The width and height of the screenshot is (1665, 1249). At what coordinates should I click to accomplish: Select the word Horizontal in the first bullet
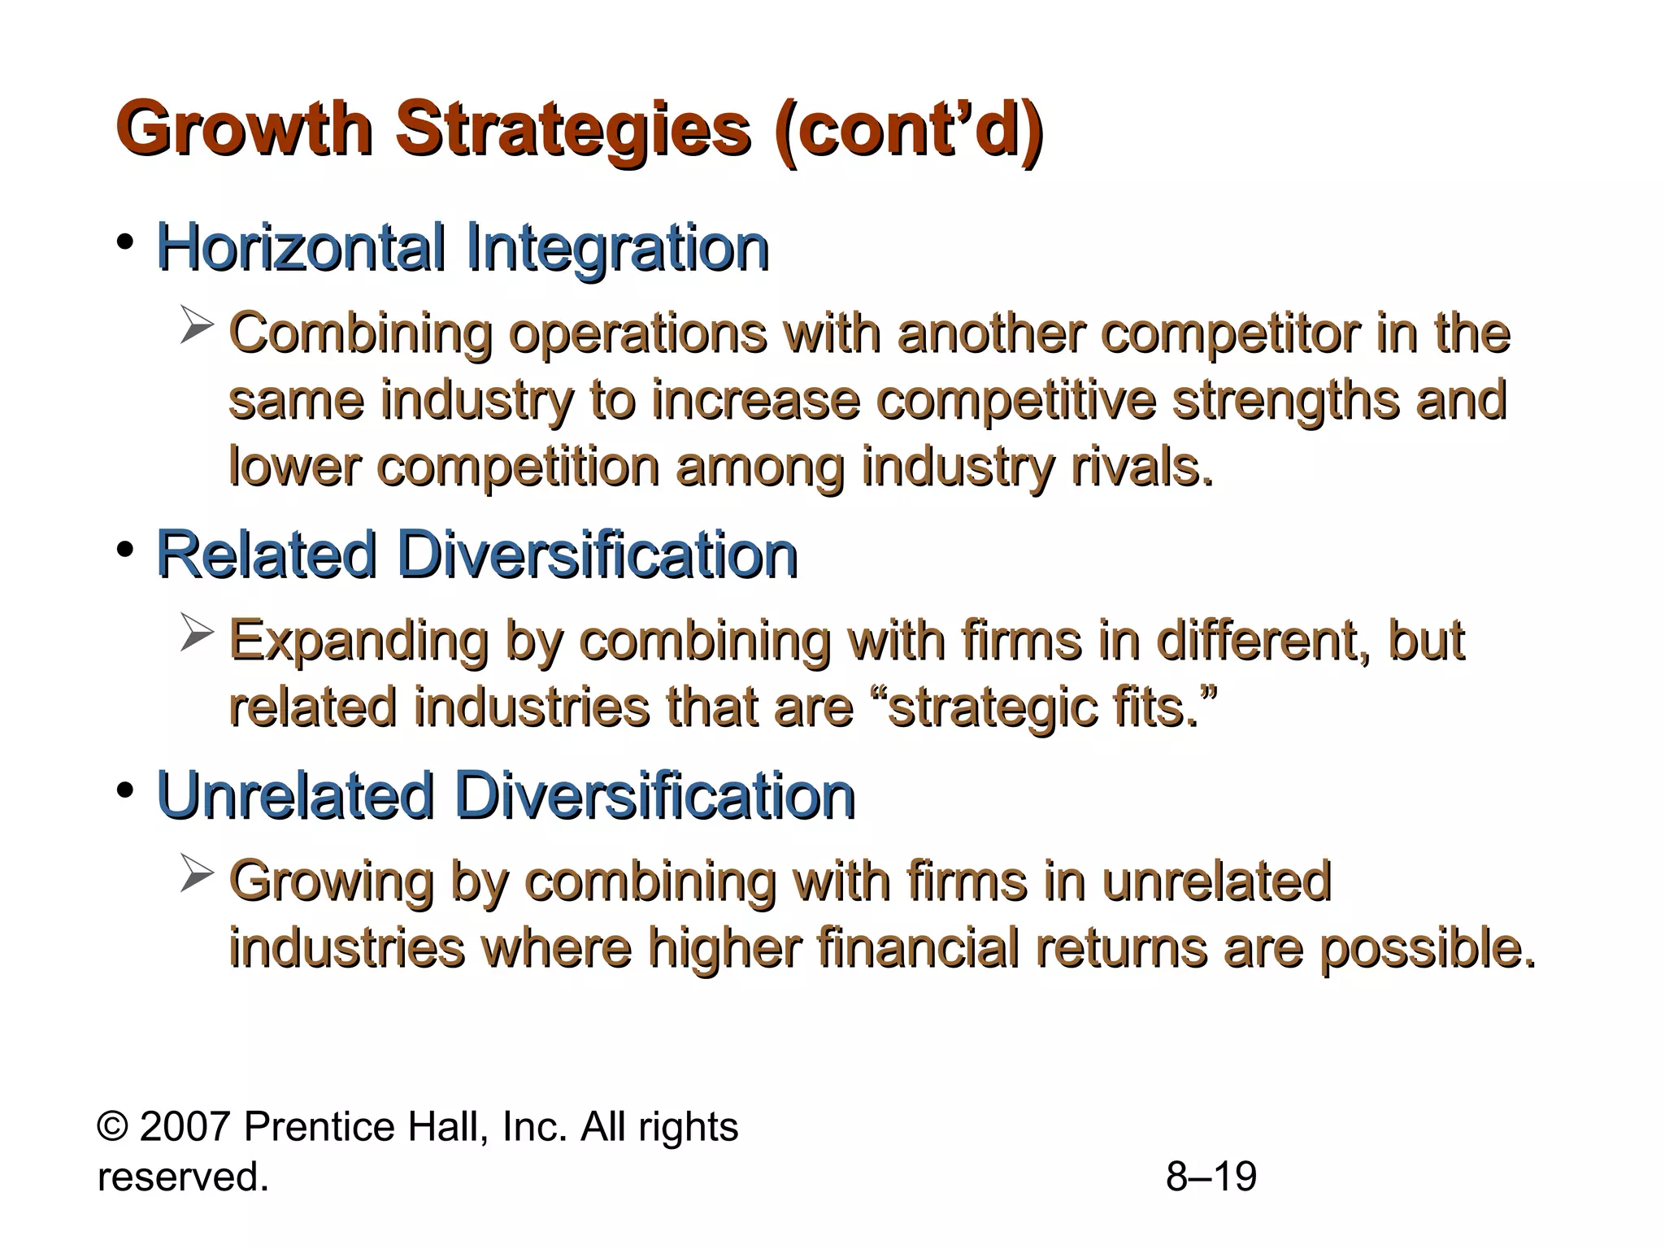(301, 247)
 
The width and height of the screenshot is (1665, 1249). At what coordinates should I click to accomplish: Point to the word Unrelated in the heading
(294, 795)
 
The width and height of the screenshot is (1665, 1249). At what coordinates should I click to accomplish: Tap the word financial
(918, 948)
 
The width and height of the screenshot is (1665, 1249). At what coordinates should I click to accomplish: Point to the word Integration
(618, 247)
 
